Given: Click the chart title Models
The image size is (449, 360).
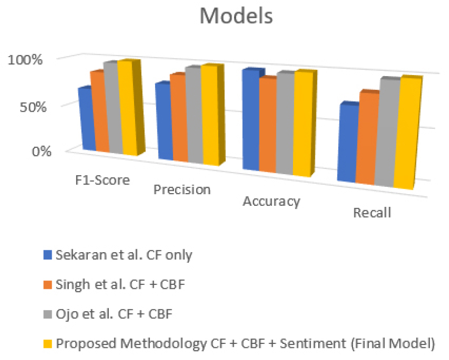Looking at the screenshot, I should click(x=236, y=17).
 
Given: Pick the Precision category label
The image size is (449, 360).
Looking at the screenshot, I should click(x=182, y=190).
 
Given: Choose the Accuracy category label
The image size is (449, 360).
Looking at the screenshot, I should click(x=271, y=201).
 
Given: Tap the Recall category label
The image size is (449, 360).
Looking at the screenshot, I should click(x=371, y=213).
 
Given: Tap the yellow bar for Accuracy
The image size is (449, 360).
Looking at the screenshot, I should click(x=302, y=124).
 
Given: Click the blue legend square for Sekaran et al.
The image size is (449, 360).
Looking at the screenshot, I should click(x=47, y=255).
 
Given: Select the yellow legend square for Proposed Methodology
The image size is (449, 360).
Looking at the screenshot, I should click(x=47, y=343).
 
